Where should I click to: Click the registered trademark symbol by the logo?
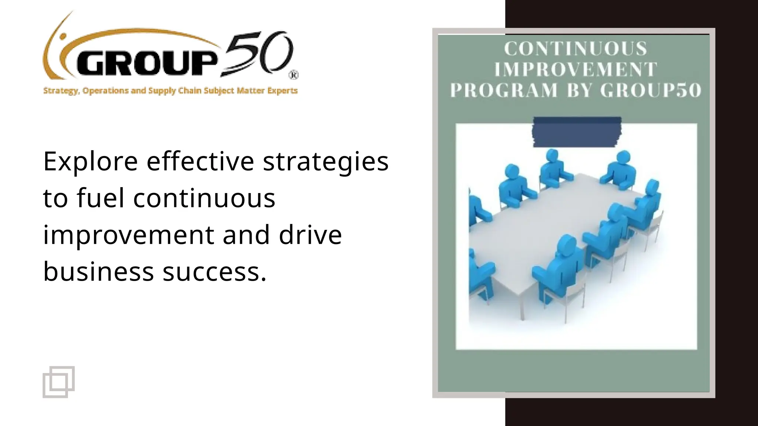tap(294, 75)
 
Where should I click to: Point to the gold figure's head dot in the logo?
tap(63, 37)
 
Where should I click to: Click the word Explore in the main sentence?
tap(90, 162)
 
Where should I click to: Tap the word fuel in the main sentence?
tap(100, 198)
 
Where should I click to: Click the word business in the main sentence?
tap(98, 272)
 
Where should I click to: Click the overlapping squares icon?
tap(58, 382)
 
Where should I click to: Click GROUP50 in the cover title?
tap(651, 91)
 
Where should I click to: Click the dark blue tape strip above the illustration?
tap(577, 132)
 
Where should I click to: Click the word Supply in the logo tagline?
tap(162, 91)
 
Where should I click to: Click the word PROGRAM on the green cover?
tap(503, 91)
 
